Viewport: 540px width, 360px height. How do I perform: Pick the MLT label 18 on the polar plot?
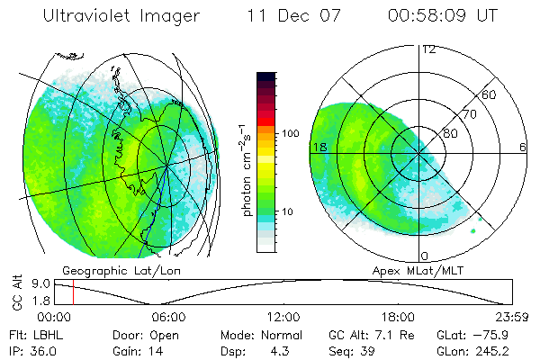point(318,147)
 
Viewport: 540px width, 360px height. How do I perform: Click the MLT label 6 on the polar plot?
point(523,147)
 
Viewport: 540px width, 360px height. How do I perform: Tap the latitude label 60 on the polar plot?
point(490,95)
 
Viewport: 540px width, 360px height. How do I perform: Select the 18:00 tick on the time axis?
point(398,317)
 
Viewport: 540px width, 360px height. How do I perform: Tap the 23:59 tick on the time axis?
point(511,317)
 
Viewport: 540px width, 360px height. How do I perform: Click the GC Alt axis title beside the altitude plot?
point(17,292)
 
